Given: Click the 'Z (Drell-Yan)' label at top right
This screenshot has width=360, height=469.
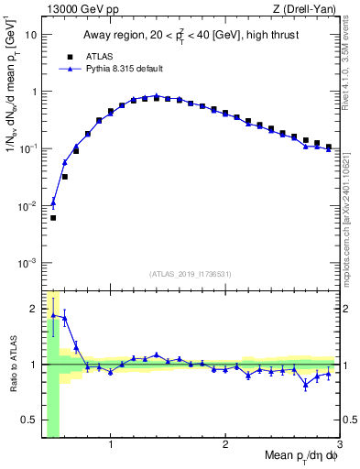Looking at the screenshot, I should [x=309, y=9].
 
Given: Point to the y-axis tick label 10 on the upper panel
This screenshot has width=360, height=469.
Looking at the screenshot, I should [x=31, y=35].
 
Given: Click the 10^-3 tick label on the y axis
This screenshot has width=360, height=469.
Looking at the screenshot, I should [x=27, y=263].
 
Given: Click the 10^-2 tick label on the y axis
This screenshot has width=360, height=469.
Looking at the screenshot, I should [x=27, y=206].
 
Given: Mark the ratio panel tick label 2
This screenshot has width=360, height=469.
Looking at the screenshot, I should [x=33, y=308].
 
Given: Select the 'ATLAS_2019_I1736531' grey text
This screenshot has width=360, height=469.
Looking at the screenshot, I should [x=191, y=274].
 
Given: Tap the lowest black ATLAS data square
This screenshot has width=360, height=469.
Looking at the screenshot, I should [x=53, y=218].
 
